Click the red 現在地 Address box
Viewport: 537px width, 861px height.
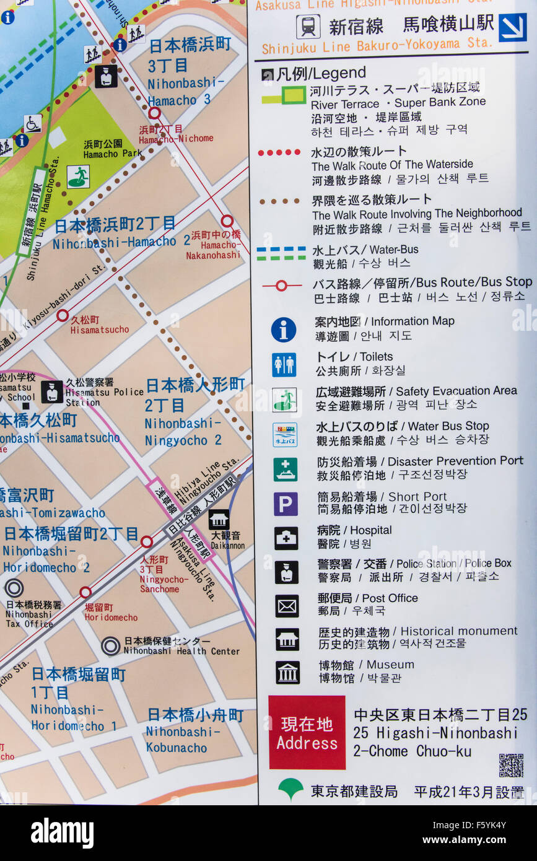(x=307, y=732)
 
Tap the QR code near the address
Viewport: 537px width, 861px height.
(x=511, y=765)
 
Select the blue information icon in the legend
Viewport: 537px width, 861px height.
(x=284, y=330)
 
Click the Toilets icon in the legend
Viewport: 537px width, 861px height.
(x=284, y=365)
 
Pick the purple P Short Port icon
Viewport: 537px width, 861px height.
(x=286, y=504)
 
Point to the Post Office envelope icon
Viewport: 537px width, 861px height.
(x=287, y=606)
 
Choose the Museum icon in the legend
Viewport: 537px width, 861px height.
(x=287, y=672)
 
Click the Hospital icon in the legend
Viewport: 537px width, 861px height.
(x=286, y=538)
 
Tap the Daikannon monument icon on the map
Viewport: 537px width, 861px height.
(x=219, y=519)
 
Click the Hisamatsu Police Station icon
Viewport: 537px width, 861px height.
(x=52, y=391)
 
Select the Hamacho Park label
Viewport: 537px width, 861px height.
(x=113, y=149)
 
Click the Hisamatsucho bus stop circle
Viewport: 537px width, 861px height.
(x=63, y=315)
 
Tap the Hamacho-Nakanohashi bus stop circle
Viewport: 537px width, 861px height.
(x=227, y=221)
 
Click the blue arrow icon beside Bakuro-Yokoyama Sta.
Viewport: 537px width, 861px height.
(x=512, y=27)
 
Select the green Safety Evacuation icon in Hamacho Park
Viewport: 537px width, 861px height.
(x=78, y=177)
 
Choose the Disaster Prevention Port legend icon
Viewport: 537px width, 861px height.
(x=286, y=470)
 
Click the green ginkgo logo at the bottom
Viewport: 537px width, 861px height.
(x=290, y=789)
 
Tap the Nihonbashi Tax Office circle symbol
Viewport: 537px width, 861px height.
(x=14, y=587)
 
